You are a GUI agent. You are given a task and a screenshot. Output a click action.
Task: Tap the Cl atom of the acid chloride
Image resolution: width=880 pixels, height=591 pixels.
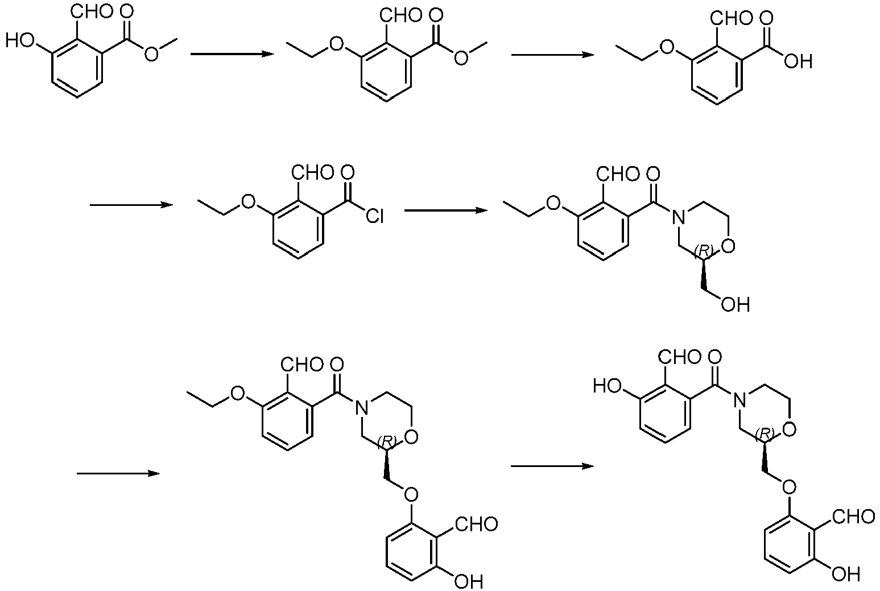(x=374, y=216)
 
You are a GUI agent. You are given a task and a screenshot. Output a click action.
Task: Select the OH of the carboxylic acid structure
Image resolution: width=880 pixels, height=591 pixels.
(x=798, y=61)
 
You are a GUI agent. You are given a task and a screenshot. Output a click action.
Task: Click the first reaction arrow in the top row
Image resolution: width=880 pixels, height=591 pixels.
(x=232, y=54)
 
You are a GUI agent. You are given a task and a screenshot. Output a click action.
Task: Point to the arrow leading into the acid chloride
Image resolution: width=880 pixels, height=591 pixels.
(x=131, y=205)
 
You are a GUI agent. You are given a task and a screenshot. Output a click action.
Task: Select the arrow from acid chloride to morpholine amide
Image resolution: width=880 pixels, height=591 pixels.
(x=446, y=210)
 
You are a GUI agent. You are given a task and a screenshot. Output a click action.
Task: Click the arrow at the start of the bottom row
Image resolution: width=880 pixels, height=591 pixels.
(x=118, y=473)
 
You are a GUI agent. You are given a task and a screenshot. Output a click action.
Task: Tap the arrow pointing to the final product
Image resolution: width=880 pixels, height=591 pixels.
(x=552, y=466)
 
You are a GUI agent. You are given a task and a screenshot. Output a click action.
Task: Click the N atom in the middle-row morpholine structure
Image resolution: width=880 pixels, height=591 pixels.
(x=677, y=217)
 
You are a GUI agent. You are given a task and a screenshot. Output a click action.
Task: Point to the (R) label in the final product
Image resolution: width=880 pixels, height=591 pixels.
(x=765, y=433)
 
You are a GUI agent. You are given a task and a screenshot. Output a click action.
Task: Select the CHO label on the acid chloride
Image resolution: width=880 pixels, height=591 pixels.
(x=313, y=172)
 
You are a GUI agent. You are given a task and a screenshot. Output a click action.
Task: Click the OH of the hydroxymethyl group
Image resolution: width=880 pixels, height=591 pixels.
(x=736, y=304)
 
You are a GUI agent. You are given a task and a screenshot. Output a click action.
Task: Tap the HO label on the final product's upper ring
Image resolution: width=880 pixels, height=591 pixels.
(x=608, y=386)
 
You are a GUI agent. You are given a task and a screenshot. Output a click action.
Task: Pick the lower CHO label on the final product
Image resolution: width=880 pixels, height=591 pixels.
(x=854, y=516)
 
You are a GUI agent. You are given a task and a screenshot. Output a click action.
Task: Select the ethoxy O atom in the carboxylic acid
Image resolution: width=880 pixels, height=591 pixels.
(x=666, y=48)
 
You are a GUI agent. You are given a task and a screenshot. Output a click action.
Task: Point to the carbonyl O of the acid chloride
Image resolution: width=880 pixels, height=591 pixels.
(x=348, y=172)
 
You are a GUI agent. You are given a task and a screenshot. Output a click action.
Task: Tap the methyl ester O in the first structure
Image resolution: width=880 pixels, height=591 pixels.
(x=151, y=55)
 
